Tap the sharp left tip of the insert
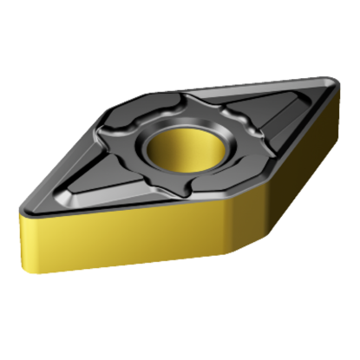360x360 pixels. coord(21,208)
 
